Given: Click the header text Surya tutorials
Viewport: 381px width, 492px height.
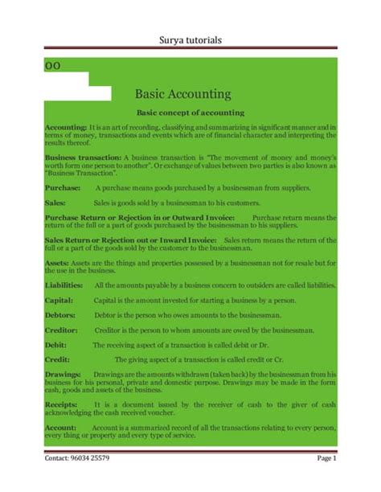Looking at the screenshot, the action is coord(190,40).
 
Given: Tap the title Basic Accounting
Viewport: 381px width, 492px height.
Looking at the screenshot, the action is coord(183,94).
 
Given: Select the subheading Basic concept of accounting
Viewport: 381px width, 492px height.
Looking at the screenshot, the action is coord(185,113).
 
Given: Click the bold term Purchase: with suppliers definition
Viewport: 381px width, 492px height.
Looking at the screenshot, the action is coord(63,186).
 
